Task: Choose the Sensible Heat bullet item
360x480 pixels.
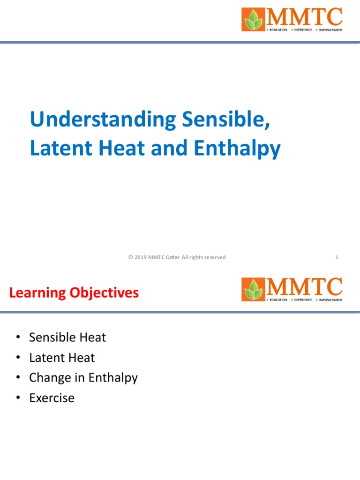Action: click(67, 337)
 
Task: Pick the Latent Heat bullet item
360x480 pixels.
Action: click(62, 358)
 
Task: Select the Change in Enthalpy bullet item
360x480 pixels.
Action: click(83, 378)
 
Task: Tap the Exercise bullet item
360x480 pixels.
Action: click(52, 398)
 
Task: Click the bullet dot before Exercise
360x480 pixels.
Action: click(18, 398)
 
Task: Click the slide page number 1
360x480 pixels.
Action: click(337, 257)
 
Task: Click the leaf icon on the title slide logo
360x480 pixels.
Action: click(253, 19)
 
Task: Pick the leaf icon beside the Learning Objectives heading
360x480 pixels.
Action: click(253, 289)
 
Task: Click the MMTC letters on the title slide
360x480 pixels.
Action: click(304, 17)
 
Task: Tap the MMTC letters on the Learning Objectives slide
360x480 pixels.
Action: click(304, 286)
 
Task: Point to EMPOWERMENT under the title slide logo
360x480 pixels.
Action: click(330, 30)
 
